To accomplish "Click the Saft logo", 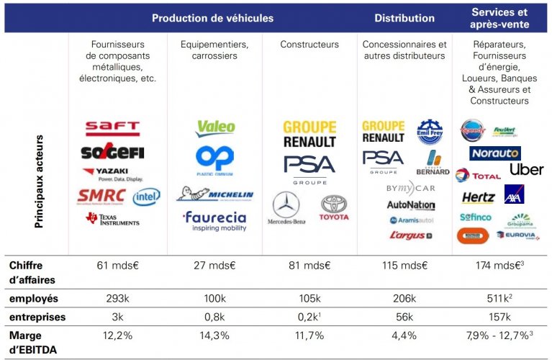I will coord(112,129).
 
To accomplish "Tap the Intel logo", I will coord(146,197).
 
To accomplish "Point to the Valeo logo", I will coord(215,128).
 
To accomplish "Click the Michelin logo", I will coord(215,194).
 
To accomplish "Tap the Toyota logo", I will coord(334,208).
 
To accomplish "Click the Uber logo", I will coord(526,169).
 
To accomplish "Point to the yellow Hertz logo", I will coord(478,197).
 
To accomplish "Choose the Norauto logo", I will coord(494,153).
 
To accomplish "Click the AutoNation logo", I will coord(411,205).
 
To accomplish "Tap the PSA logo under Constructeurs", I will coord(309,167).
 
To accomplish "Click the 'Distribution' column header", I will coord(405,18).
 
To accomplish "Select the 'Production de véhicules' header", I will coord(212,18).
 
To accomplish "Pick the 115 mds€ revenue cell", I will coord(404,266).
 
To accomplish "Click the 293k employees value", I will coord(117,298).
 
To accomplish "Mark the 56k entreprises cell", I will coord(404,318).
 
